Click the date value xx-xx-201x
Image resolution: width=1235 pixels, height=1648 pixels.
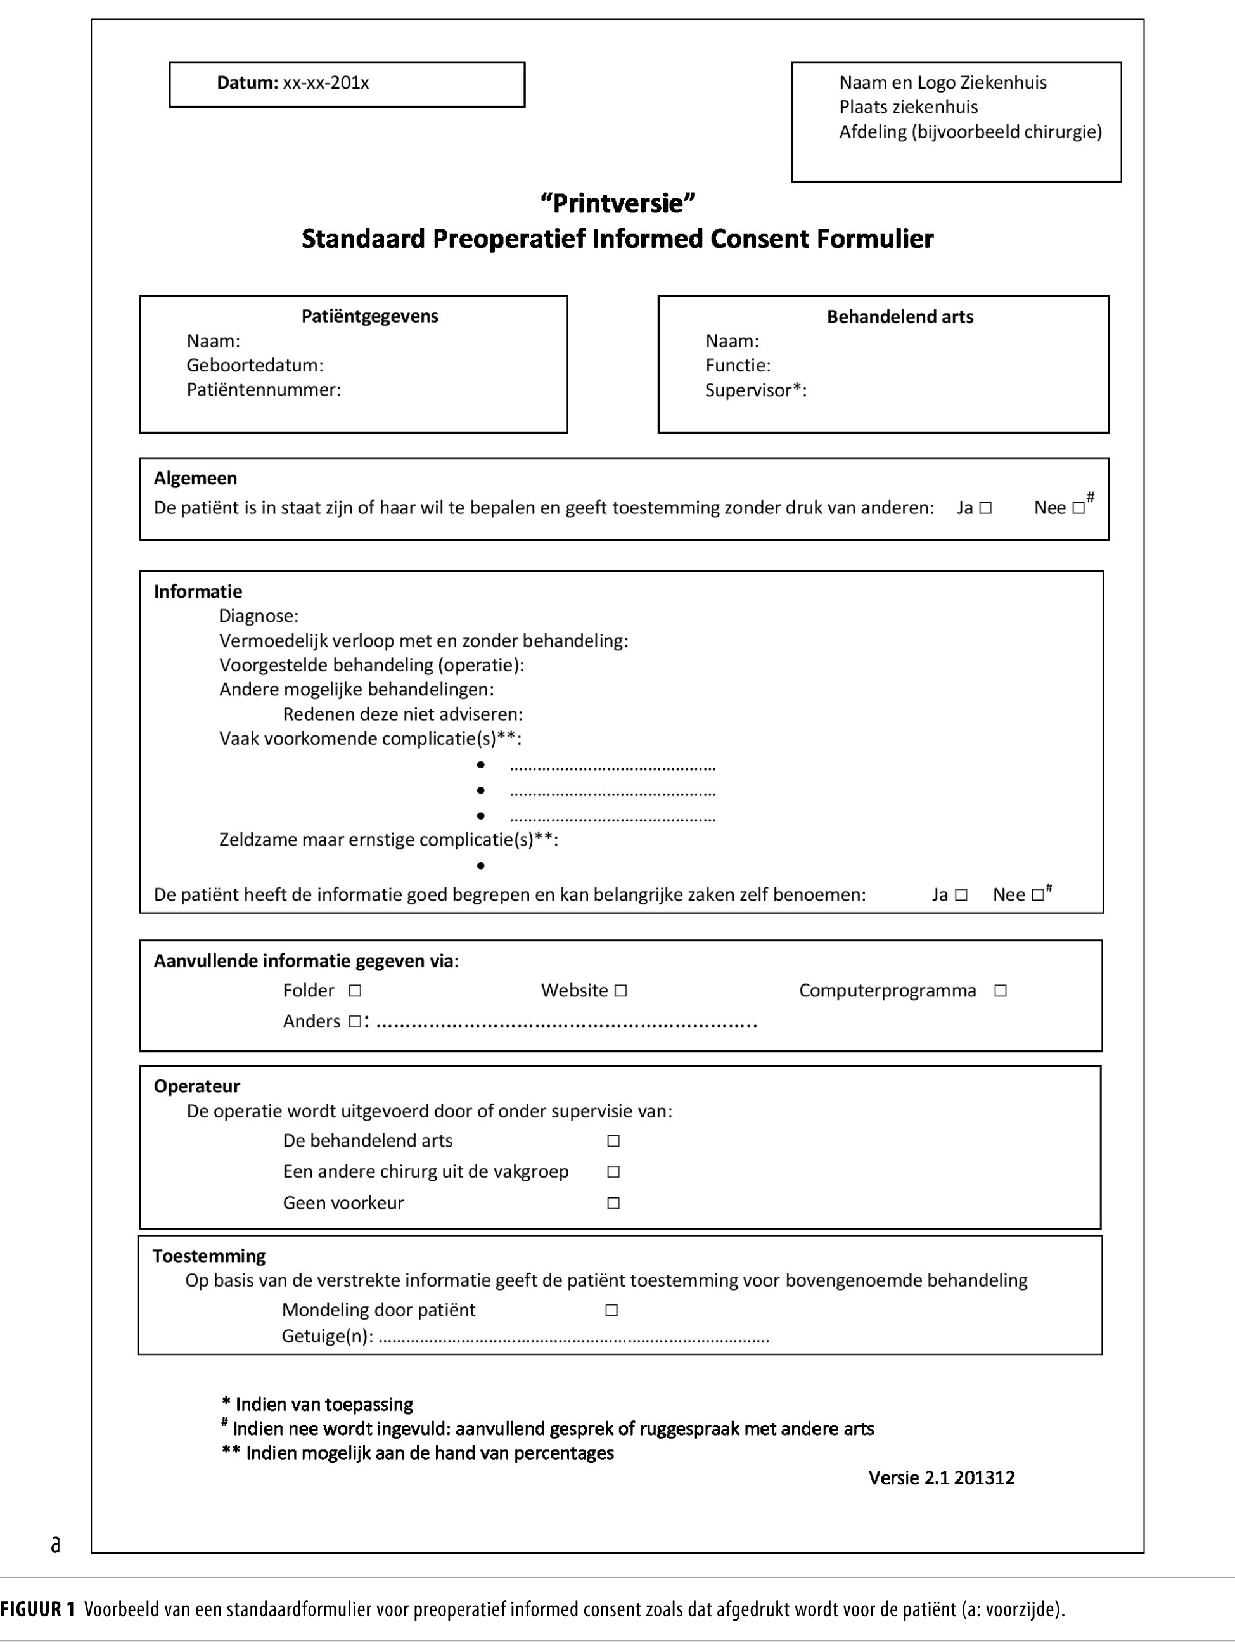click(x=326, y=82)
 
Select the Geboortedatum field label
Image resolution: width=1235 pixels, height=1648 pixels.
click(x=255, y=365)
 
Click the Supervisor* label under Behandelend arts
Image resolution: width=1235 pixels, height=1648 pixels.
click(x=755, y=390)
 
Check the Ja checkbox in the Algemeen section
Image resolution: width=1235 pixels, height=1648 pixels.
click(x=985, y=508)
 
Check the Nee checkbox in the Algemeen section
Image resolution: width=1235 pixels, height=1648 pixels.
click(x=1078, y=508)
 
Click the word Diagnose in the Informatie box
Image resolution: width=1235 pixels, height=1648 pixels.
click(x=258, y=616)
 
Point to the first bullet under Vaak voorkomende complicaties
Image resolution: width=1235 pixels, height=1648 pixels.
click(x=481, y=765)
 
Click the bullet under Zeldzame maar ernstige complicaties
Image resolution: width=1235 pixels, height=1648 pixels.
click(x=481, y=866)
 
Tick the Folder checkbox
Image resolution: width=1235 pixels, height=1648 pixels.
click(x=355, y=991)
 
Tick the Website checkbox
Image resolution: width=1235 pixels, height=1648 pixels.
click(x=621, y=991)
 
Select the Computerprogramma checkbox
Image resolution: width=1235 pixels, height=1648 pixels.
click(x=1001, y=991)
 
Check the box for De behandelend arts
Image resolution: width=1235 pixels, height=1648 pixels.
click(x=613, y=1141)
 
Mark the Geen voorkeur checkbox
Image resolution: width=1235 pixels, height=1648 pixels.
click(x=613, y=1203)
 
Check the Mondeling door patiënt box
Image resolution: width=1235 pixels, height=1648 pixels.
click(x=611, y=1310)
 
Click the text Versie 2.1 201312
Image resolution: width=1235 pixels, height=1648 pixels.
click(x=941, y=1477)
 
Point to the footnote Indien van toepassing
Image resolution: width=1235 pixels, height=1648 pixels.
click(x=323, y=1405)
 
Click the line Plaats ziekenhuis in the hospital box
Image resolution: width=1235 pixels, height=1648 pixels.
click(x=908, y=106)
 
